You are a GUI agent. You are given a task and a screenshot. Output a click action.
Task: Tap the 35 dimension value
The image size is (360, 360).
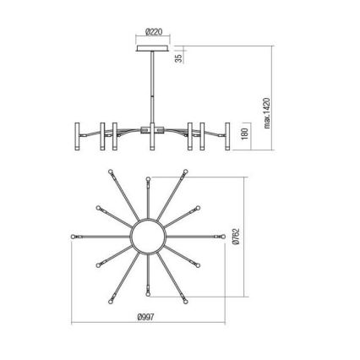click(x=178, y=57)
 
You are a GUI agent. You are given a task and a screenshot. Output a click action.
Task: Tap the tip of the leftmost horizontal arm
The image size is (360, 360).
click(x=74, y=235)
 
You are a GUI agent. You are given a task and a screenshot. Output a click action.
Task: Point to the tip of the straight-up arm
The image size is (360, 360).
click(x=149, y=177)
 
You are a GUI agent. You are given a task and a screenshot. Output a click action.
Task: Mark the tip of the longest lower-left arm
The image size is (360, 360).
click(x=111, y=300)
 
